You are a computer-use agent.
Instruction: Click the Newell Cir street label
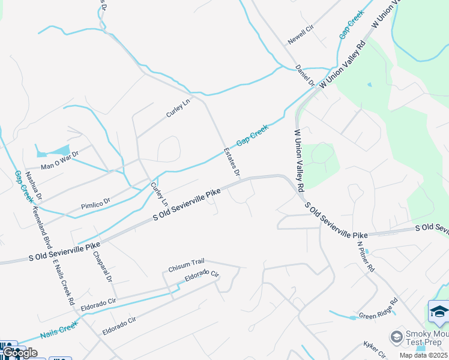pyautogui.click(x=301, y=35)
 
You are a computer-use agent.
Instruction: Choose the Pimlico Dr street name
pyautogui.click(x=96, y=204)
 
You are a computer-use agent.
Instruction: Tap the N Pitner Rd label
pyautogui.click(x=366, y=256)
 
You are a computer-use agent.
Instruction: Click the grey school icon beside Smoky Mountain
pyautogui.click(x=396, y=337)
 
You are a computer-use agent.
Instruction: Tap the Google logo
pyautogui.click(x=20, y=352)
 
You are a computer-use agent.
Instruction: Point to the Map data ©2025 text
pyautogui.click(x=423, y=355)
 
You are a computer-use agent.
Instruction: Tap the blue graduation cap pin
pyautogui.click(x=439, y=313)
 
